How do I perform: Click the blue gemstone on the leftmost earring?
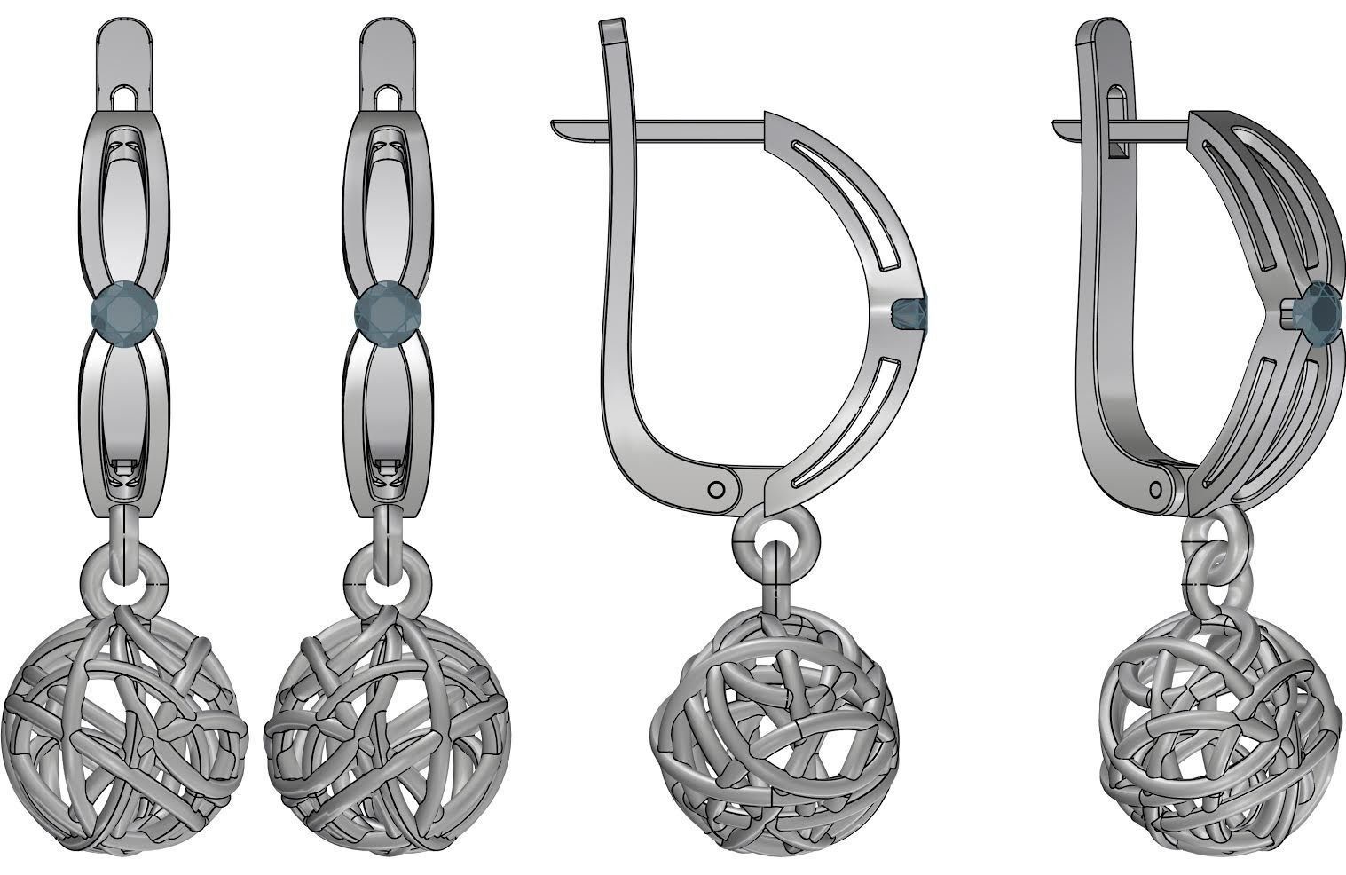click(125, 312)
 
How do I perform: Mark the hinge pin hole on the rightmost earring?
click(1156, 490)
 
